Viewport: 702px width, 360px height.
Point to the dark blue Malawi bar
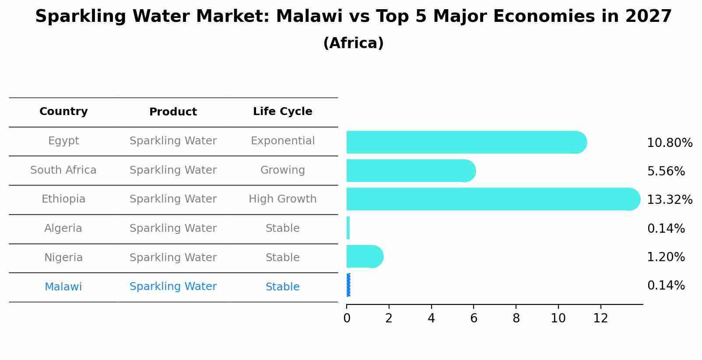[348, 285]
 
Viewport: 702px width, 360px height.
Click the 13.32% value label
[670, 200]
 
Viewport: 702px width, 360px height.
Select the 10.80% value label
[670, 143]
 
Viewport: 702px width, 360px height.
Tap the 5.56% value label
[666, 171]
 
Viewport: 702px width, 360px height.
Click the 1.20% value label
[666, 257]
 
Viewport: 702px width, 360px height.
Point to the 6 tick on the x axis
[474, 318]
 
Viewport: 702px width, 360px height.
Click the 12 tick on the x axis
[600, 318]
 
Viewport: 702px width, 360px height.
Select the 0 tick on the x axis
[347, 318]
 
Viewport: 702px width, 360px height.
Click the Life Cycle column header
[282, 112]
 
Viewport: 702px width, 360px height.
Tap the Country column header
[63, 112]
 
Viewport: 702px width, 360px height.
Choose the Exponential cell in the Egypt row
[282, 141]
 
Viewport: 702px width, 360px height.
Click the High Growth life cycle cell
[282, 199]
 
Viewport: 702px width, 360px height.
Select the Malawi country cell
[63, 287]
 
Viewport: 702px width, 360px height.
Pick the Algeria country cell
[63, 228]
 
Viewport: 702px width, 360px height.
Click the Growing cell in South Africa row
[282, 170]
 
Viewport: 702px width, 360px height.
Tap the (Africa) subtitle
[353, 43]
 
